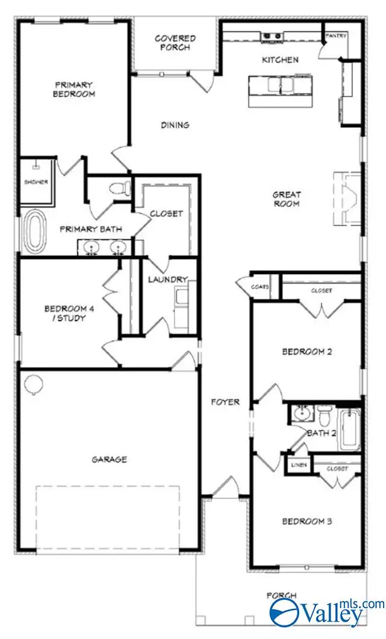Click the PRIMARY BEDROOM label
(75, 89)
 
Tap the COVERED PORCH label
(175, 43)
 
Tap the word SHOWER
(36, 181)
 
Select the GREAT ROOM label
(286, 199)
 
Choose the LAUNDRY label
(168, 279)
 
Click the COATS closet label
(260, 287)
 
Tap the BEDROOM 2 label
(307, 352)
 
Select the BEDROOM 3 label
(307, 522)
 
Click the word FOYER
(225, 402)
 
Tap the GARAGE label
(109, 460)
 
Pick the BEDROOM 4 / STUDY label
(65, 313)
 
